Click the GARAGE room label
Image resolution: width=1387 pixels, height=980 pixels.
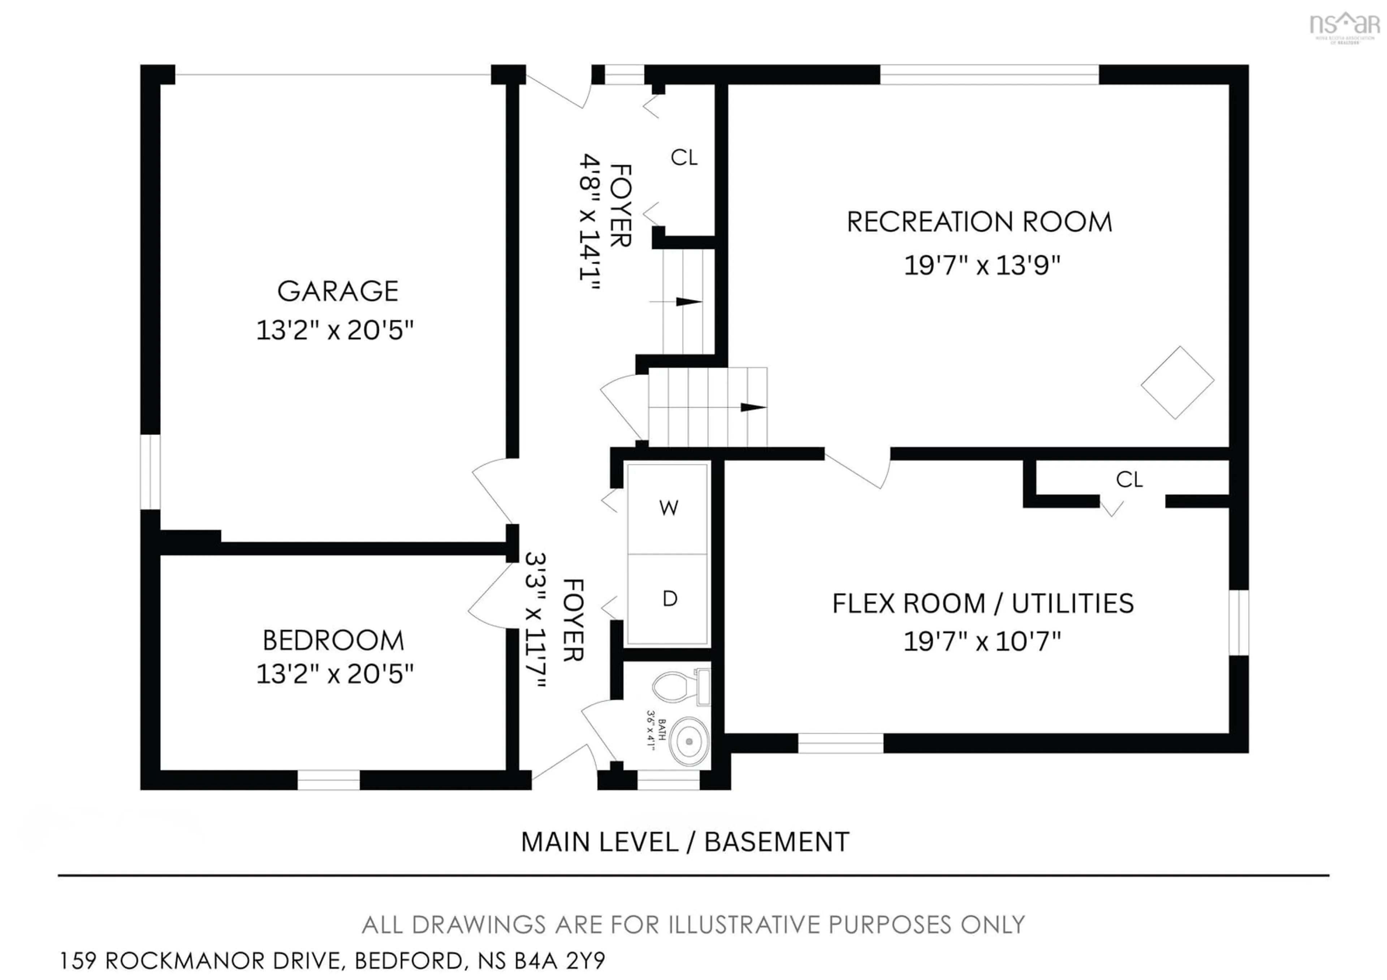coord(338,291)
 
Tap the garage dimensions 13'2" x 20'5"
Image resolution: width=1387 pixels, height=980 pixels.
coord(335,331)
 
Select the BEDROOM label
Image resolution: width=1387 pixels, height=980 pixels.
coord(333,640)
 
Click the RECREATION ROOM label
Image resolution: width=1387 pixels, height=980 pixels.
coord(979,222)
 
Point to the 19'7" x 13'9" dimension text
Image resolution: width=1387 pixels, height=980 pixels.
coord(982,265)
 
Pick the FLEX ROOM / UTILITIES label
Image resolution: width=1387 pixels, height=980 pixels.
coord(983,603)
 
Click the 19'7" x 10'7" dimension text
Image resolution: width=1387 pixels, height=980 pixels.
coord(982,641)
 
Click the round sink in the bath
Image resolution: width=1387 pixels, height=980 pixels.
coord(689,740)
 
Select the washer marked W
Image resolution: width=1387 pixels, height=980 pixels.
coord(668,508)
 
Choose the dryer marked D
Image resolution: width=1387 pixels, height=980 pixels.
coord(669,599)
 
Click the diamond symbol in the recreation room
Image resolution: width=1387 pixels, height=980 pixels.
coord(1178,382)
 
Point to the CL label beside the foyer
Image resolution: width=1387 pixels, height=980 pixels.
coord(684,158)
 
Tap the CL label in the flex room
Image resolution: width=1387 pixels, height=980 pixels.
coord(1129,480)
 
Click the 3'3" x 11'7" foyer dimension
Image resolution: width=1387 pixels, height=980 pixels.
coord(535,619)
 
